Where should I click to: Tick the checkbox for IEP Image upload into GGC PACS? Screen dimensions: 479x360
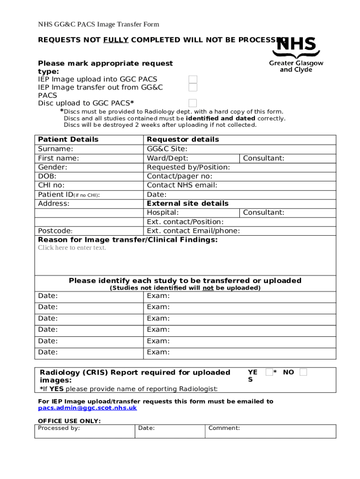pos(193,80)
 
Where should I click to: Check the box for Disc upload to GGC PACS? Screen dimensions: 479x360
pos(193,103)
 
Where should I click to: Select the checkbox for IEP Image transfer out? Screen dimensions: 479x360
pos(193,87)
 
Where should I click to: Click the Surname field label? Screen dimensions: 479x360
pos(55,149)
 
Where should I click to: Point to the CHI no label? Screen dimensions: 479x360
pos(51,185)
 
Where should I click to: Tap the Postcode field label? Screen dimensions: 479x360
pos(55,231)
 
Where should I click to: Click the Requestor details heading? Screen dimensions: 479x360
pos(183,139)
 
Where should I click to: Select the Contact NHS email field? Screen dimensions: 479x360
pos(182,185)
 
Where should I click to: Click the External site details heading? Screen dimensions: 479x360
pos(187,203)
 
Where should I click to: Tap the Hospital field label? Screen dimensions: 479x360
pos(163,213)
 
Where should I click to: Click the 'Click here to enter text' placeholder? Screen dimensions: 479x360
pos(72,248)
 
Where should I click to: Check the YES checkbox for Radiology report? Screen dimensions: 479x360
pos(269,372)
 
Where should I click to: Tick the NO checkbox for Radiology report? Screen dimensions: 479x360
pos(303,372)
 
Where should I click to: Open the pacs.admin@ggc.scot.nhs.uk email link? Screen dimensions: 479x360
pos(87,408)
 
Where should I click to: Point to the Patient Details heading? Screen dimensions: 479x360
pos(68,139)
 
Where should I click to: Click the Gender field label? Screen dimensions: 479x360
pos(52,167)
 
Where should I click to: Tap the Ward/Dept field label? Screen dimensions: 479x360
pos(167,158)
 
